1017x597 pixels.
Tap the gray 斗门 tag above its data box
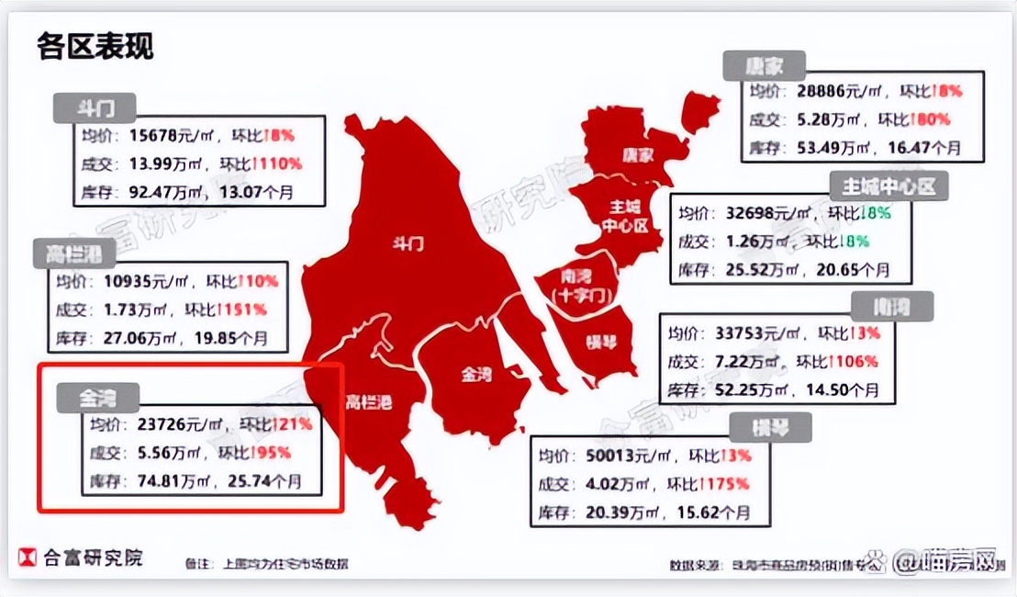pos(95,107)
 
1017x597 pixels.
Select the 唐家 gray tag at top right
pos(763,66)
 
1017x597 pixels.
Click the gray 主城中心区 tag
pos(888,187)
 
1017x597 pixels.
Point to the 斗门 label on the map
pos(408,244)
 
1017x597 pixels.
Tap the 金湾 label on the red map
pos(476,375)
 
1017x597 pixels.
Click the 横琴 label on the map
pos(602,344)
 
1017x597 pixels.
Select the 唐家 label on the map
pos(636,154)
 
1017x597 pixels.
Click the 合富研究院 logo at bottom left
pos(81,558)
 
